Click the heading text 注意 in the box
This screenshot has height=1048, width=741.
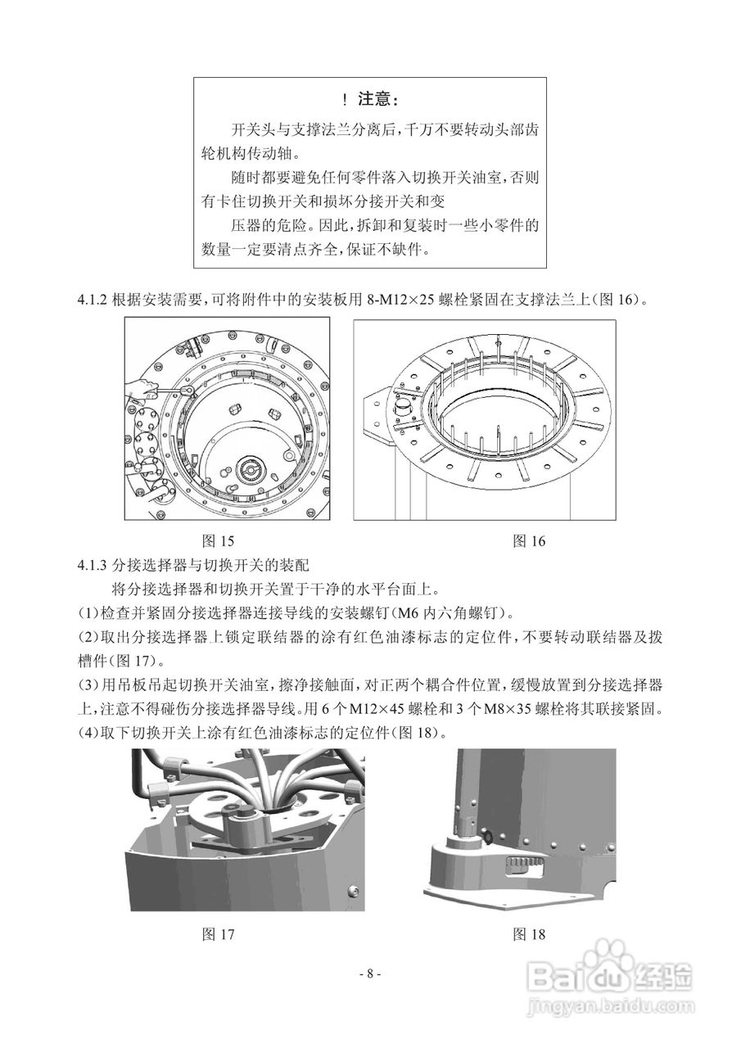coord(378,100)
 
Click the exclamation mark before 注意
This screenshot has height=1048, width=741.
coord(346,100)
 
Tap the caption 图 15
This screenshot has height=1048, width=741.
coord(219,540)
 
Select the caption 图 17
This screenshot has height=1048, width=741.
coord(219,933)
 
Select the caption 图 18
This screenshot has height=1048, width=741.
coord(528,933)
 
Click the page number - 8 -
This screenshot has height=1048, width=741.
coord(370,973)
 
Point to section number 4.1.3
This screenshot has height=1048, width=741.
coord(93,565)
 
